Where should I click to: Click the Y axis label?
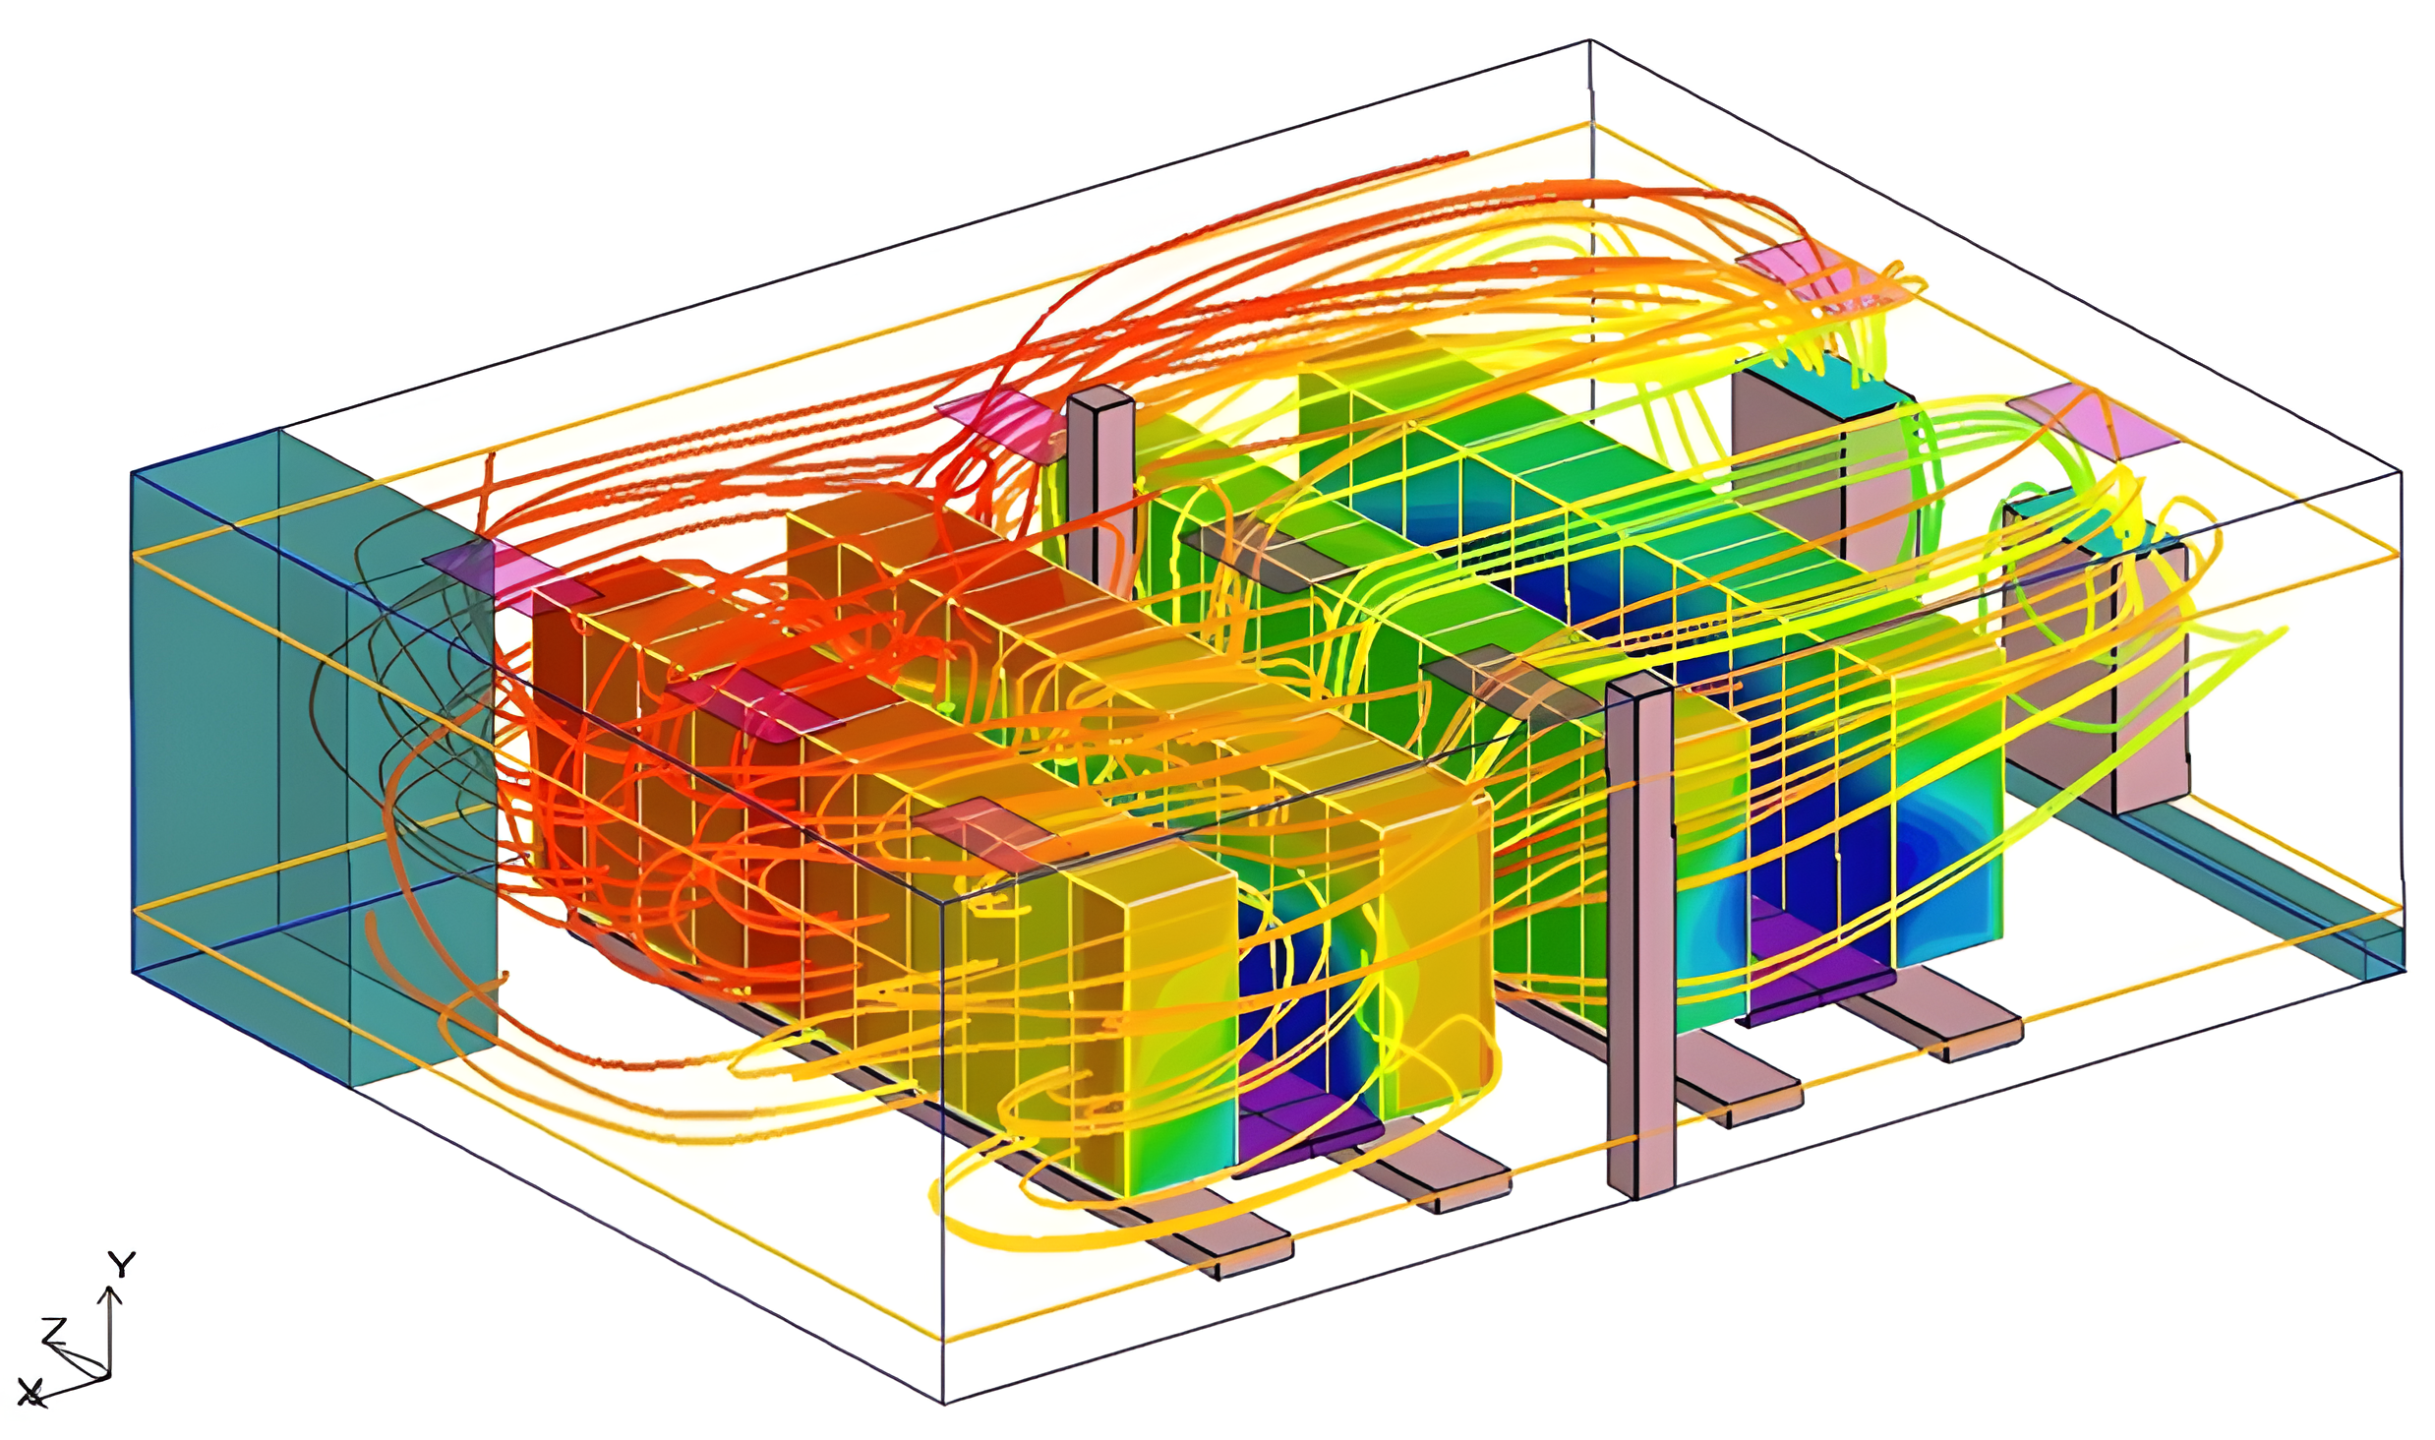point(121,1265)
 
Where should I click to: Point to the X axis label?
point(30,1392)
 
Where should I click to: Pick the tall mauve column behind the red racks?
point(1099,482)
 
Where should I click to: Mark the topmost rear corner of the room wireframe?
point(1590,41)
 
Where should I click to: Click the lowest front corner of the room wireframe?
point(944,1403)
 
